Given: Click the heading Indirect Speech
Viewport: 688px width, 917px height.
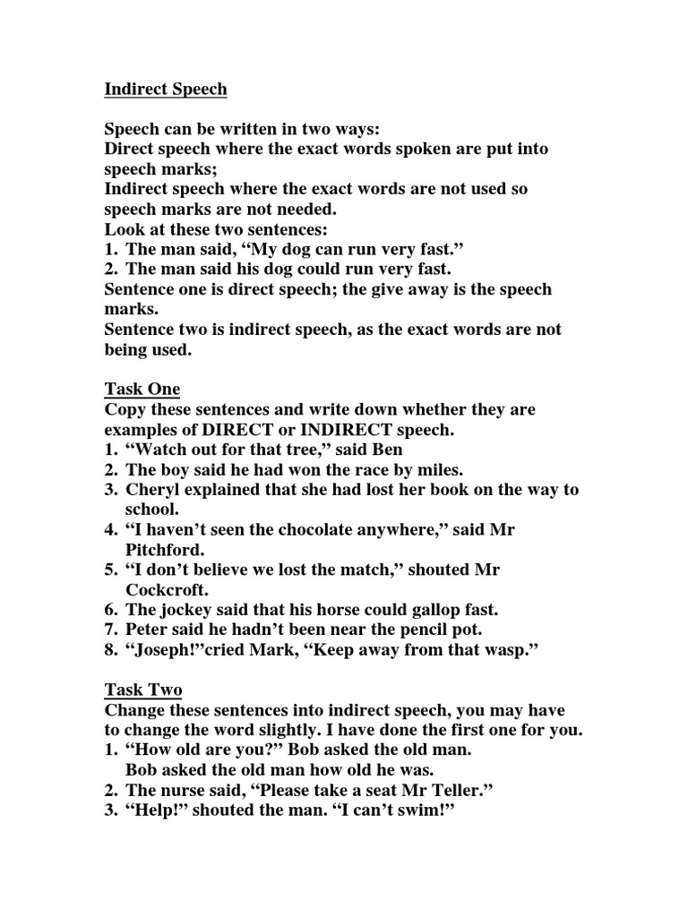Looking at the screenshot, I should point(166,90).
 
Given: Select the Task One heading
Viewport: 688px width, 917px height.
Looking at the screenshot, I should point(142,390).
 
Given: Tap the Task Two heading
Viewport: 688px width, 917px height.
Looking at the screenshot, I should point(143,690).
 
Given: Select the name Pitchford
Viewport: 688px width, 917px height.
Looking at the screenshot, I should point(166,550).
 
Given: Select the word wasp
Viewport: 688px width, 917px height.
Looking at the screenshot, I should point(513,650).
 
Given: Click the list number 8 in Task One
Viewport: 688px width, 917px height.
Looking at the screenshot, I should point(111,650).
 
